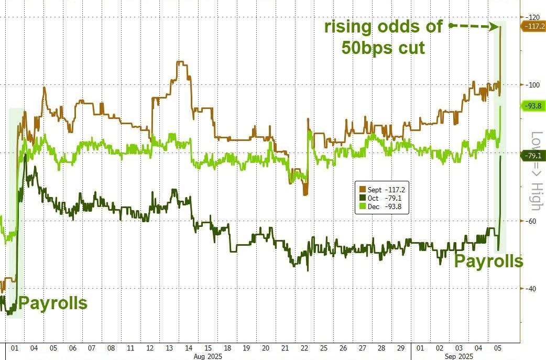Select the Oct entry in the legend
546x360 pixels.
[380, 198]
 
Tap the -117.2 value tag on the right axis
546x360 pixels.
[533, 25]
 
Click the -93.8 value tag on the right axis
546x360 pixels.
[533, 105]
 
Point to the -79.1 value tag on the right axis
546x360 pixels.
[533, 155]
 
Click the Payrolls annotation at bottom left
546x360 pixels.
[53, 303]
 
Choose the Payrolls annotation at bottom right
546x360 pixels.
[488, 261]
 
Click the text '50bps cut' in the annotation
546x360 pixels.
[383, 48]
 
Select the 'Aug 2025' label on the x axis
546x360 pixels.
[208, 356]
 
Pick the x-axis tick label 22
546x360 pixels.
[304, 348]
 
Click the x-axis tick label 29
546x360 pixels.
[400, 348]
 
